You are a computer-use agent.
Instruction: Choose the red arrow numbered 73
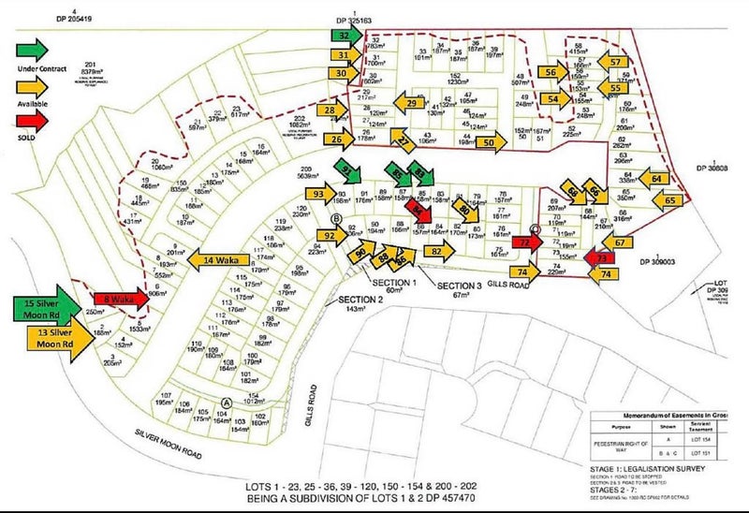pyautogui.click(x=600, y=256)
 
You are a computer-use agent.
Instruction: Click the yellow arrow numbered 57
pyautogui.click(x=614, y=64)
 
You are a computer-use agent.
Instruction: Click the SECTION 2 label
pyautogui.click(x=357, y=299)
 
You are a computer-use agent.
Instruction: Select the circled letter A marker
pyautogui.click(x=225, y=403)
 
